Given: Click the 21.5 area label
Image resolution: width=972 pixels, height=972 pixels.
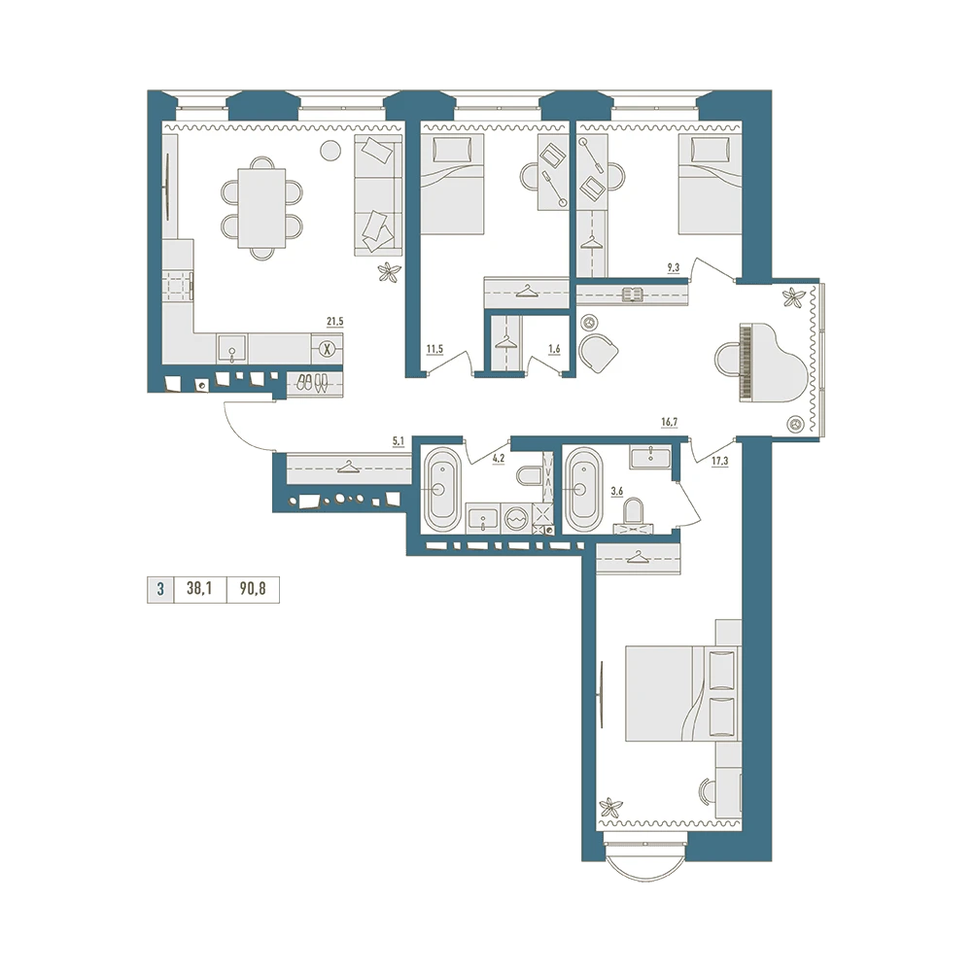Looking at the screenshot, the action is (x=334, y=321).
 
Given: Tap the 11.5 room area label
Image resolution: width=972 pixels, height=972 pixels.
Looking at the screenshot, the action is (x=434, y=349).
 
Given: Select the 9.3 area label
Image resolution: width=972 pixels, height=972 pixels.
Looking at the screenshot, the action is (x=674, y=268).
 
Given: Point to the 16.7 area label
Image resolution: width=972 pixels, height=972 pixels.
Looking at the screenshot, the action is (x=670, y=422).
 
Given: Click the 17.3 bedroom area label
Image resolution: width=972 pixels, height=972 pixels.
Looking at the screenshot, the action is (x=720, y=461).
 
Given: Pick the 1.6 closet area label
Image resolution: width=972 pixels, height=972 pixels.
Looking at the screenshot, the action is (x=554, y=349).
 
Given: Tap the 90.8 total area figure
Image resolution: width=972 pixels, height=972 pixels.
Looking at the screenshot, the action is (x=253, y=588).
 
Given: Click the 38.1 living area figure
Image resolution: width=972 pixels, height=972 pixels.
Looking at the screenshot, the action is (x=199, y=588).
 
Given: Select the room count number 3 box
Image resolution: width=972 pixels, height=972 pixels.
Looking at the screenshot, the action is (x=160, y=589).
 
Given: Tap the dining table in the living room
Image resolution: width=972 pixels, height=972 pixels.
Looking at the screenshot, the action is (x=262, y=208).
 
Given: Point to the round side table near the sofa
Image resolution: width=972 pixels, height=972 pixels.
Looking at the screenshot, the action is (x=330, y=150).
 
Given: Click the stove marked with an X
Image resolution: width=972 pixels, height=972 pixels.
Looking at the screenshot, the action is (x=328, y=349).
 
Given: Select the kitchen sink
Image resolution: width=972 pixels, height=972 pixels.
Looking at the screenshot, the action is (x=232, y=349).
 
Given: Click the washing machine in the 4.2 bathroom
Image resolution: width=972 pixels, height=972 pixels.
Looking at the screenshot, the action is (x=516, y=518).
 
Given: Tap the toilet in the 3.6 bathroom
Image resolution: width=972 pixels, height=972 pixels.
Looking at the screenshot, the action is (x=633, y=515).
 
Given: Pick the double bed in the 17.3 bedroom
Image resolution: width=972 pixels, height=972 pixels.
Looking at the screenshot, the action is (x=683, y=694).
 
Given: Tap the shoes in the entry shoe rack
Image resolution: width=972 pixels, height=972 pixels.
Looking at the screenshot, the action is (x=312, y=383).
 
